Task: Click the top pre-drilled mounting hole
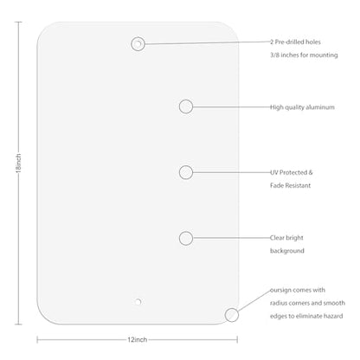[x=138, y=44]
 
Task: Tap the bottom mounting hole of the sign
[x=138, y=302]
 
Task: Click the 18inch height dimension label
[x=18, y=164]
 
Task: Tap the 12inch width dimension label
[x=138, y=340]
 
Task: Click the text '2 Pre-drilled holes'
[x=295, y=42]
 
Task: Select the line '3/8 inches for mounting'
[x=304, y=55]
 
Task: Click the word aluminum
[x=320, y=107]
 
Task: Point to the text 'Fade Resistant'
[x=290, y=185]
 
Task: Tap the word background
[x=287, y=251]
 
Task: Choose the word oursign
[x=280, y=290]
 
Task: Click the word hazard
[x=333, y=316]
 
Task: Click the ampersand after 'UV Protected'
[x=311, y=172]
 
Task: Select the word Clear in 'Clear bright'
[x=277, y=238]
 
